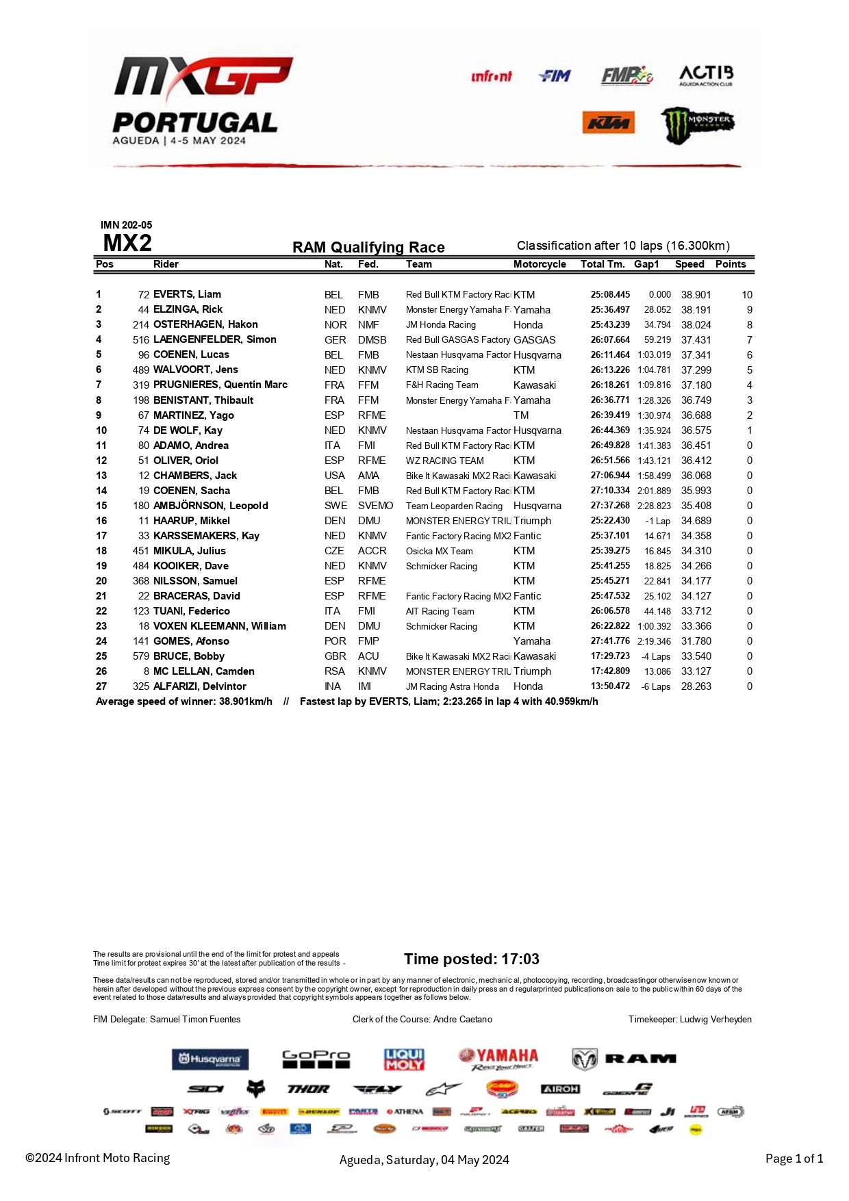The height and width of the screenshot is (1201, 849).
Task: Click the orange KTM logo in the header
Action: coord(608,123)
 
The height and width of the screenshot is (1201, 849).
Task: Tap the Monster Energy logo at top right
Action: coord(697,125)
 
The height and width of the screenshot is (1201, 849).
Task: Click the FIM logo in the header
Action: coord(555,76)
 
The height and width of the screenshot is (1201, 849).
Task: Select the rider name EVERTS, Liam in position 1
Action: coord(187,294)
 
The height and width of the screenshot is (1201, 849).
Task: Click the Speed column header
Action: coord(689,264)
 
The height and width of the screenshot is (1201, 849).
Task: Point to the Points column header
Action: coord(730,264)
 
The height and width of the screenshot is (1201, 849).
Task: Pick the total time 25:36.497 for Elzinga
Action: coord(610,309)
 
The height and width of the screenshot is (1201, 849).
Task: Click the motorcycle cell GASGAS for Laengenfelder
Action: coord(534,339)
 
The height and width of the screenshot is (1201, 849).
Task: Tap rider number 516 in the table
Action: coord(141,339)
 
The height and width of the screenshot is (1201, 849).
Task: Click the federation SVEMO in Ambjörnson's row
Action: coord(375,505)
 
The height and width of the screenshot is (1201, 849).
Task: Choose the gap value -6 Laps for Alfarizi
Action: coord(655,686)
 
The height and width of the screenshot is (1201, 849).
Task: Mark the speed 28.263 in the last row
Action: coord(696,686)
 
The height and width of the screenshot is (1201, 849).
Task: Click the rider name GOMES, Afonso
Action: coord(191,641)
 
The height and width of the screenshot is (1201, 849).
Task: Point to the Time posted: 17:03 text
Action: coord(471,959)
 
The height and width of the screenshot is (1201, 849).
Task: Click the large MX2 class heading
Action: coord(127,244)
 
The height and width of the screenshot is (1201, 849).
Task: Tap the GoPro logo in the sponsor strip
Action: coord(316,1059)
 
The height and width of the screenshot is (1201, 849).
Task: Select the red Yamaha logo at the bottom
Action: coord(498,1059)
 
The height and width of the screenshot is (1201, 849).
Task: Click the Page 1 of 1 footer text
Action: coord(794,1158)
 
